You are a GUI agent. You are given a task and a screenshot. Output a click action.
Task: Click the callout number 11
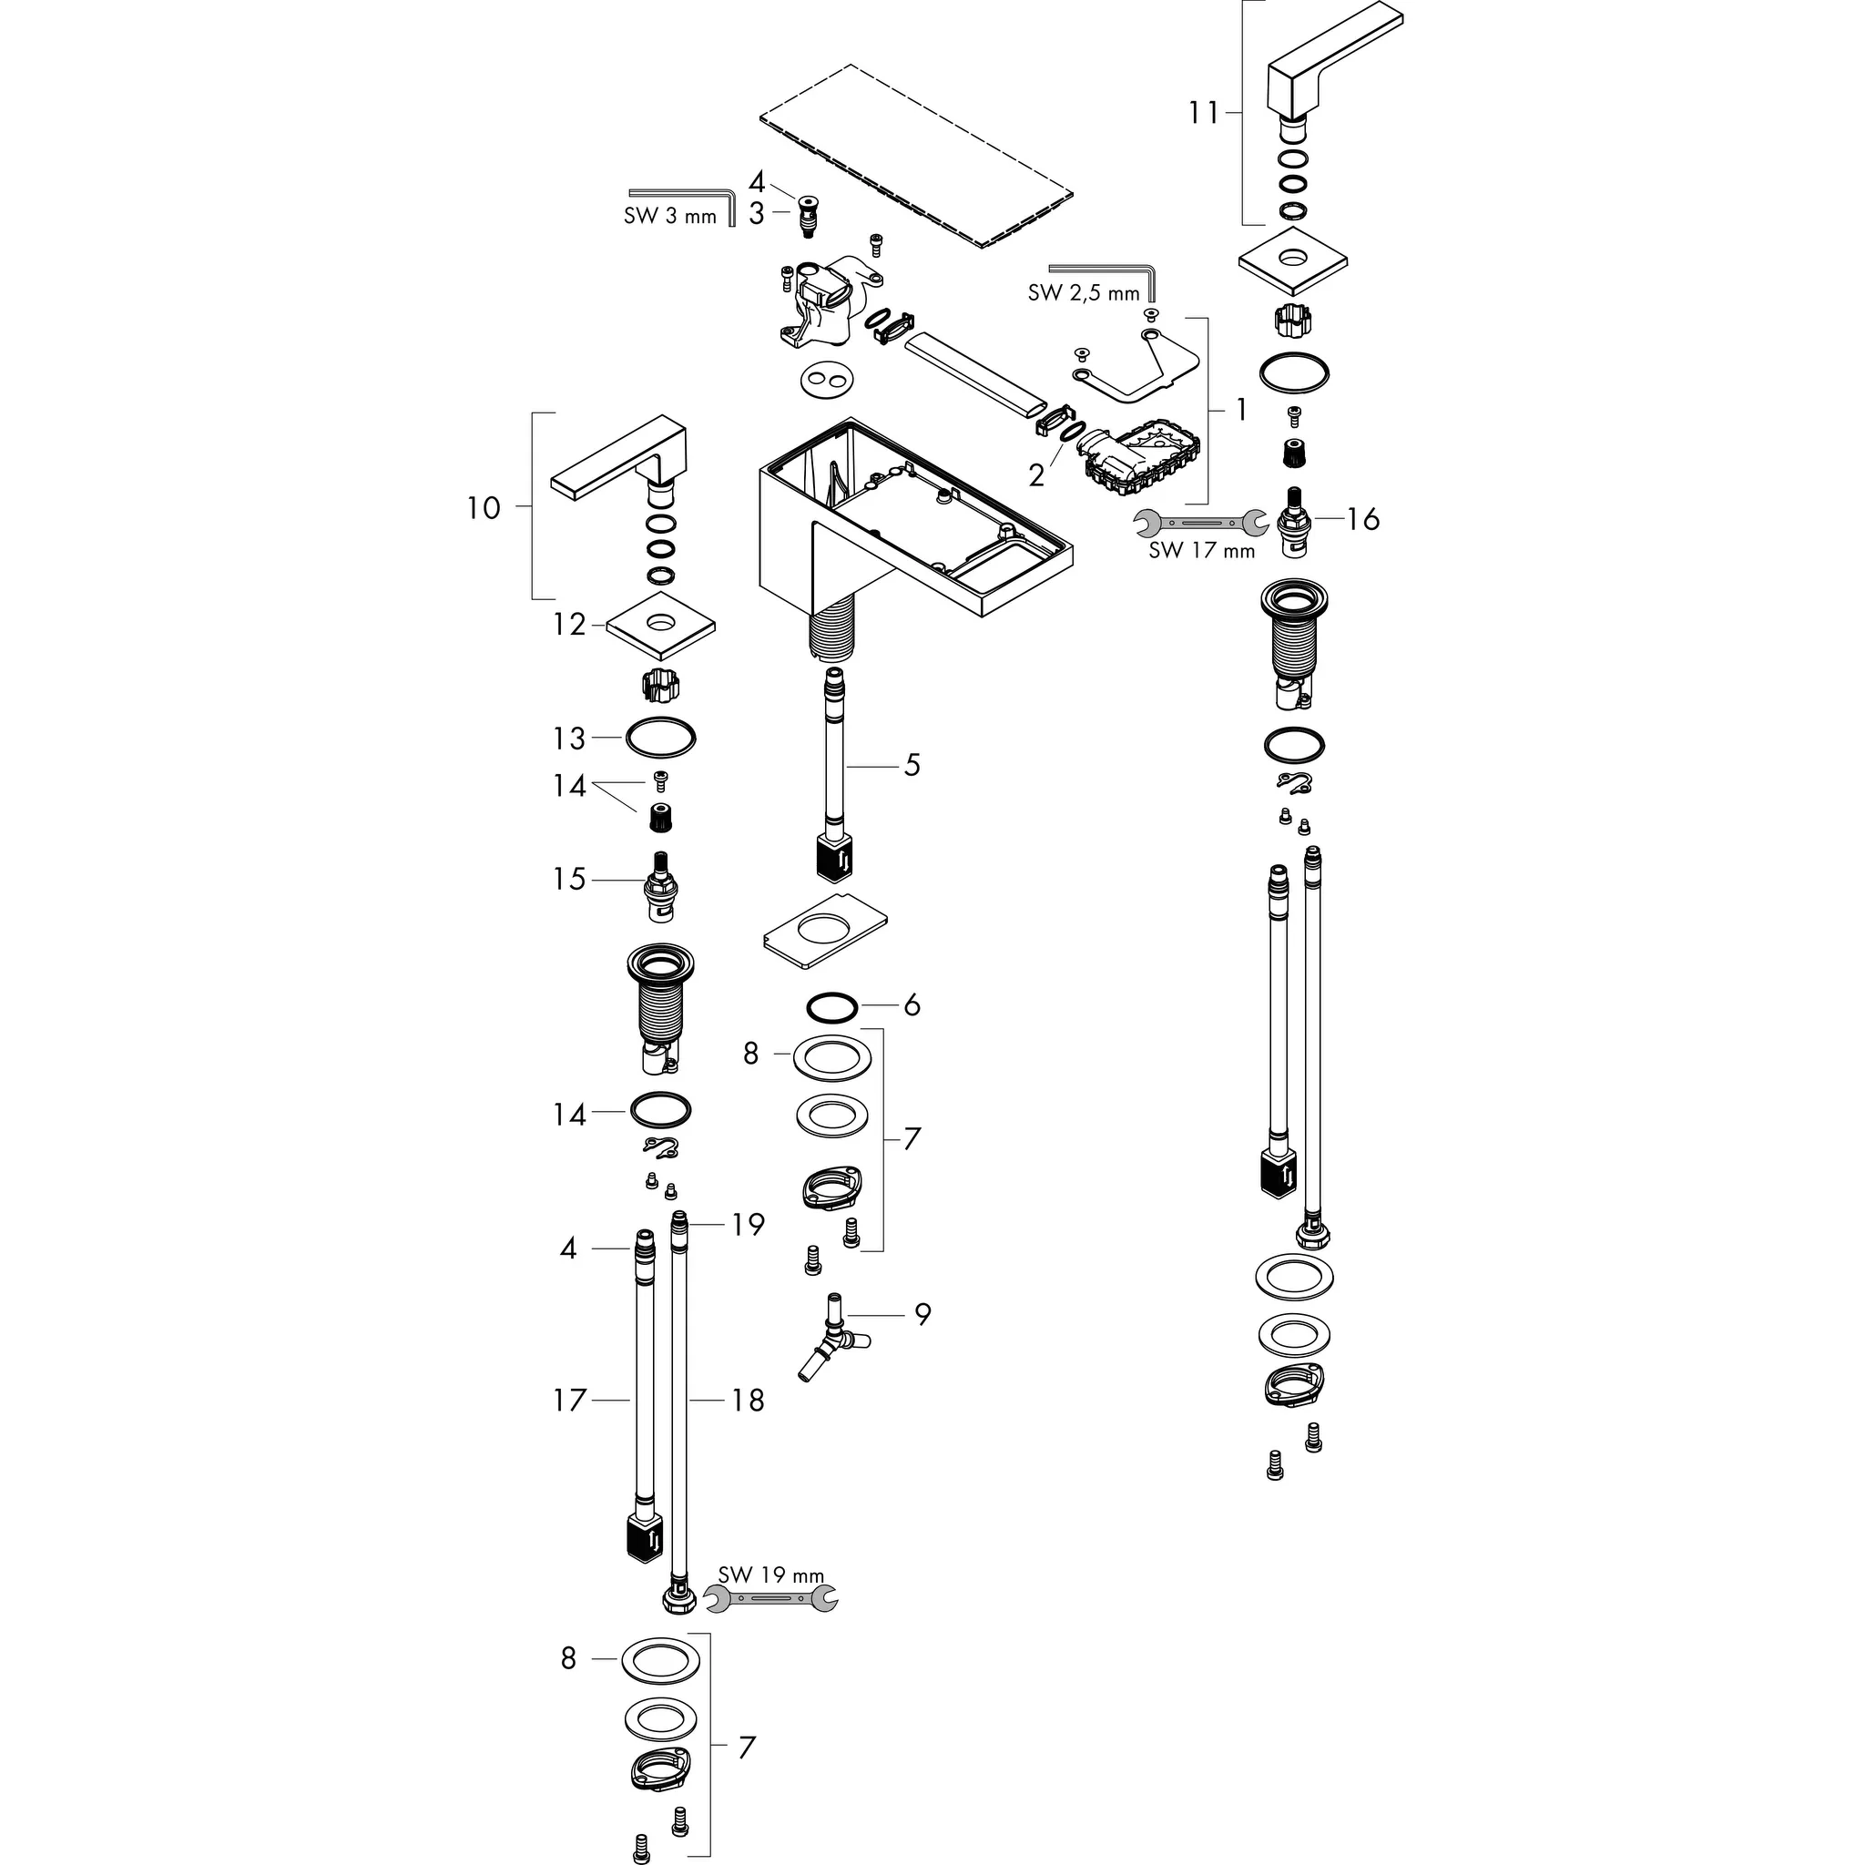tap(1203, 113)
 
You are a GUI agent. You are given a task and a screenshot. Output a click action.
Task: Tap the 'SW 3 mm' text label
tap(670, 216)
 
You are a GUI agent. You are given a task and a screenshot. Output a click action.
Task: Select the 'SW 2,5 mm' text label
tap(1083, 293)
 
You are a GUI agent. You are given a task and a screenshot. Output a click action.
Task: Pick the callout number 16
tap(1362, 519)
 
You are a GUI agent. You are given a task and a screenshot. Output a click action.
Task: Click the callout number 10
tap(484, 508)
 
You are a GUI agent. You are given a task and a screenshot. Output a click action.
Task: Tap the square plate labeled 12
tap(661, 626)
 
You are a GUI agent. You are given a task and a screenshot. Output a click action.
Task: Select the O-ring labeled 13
tap(660, 739)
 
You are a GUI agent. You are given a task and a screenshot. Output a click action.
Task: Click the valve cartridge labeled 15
tap(660, 886)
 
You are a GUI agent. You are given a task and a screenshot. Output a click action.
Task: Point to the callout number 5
tap(912, 766)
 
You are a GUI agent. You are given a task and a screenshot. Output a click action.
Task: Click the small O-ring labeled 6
tap(831, 1007)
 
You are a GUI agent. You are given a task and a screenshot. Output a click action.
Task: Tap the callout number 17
tap(568, 1400)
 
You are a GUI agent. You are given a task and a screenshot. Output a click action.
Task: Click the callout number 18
tap(747, 1400)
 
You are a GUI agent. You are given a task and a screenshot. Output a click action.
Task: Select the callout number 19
tap(747, 1224)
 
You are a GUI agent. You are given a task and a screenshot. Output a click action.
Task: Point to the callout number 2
tap(1035, 475)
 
